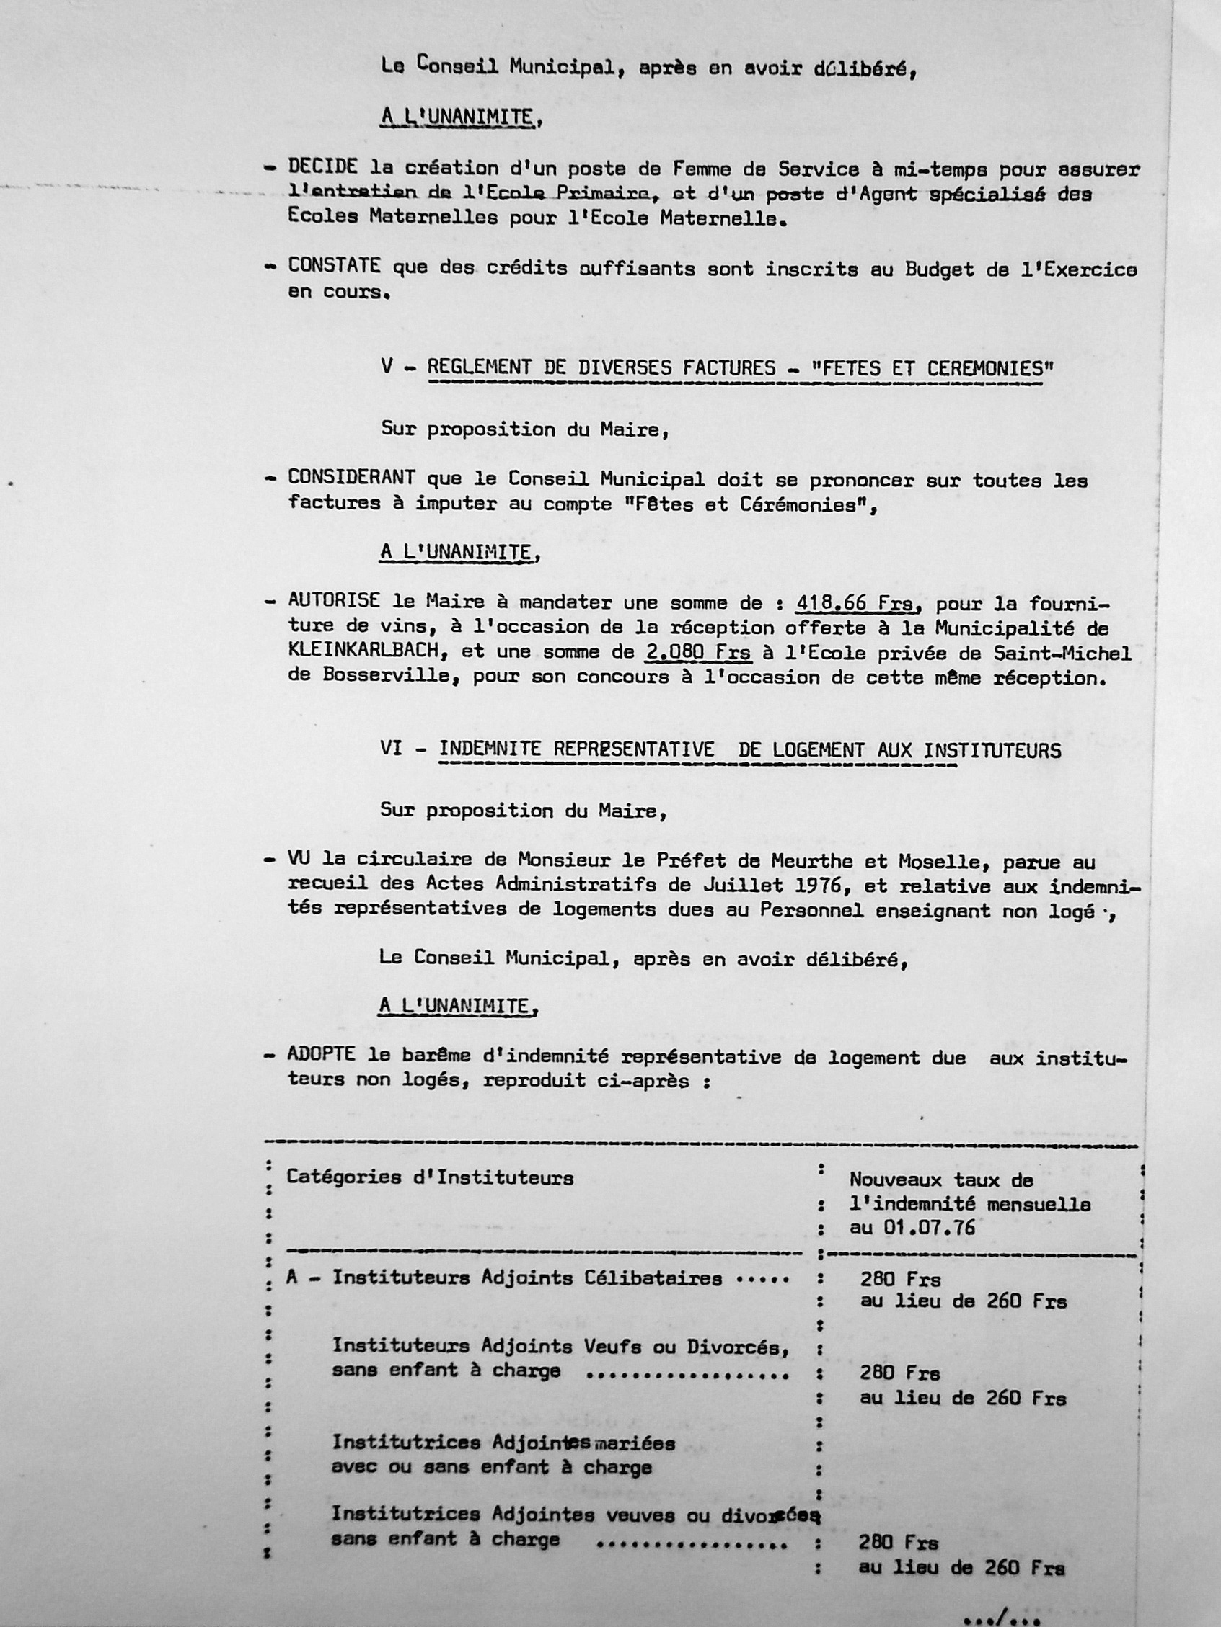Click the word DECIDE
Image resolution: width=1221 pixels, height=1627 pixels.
323,169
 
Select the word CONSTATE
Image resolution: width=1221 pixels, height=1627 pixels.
334,267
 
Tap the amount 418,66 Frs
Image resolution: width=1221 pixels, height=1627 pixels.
854,604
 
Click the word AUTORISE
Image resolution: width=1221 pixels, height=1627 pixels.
334,601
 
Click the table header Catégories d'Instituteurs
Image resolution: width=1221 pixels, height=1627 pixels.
430,1177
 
